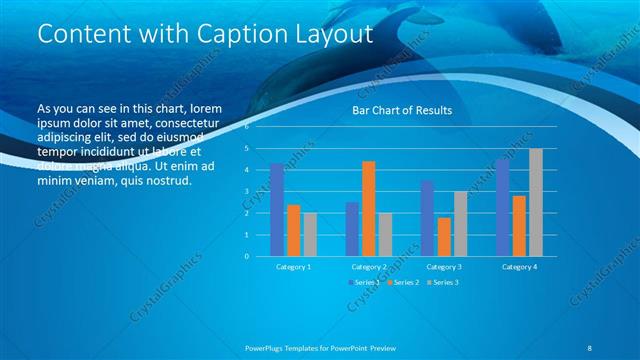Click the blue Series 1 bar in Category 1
[277, 210]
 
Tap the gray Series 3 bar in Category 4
[536, 202]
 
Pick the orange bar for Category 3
[443, 236]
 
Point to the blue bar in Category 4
[502, 207]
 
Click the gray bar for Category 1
[310, 234]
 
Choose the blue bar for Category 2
[352, 229]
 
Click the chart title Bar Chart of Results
[402, 110]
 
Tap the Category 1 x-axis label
[293, 267]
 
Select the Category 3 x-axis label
[444, 267]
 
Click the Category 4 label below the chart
[519, 267]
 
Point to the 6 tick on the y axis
[247, 127]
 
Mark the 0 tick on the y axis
[247, 256]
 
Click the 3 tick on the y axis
[247, 191]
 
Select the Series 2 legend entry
[401, 283]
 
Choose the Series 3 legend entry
[441, 283]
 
